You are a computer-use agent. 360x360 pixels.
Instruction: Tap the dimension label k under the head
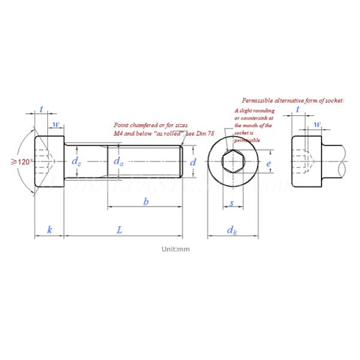click(x=49, y=230)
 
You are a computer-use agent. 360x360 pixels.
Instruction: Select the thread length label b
click(x=146, y=202)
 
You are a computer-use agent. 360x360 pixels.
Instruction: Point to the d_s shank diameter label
click(x=76, y=162)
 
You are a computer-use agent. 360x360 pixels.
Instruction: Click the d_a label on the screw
click(x=119, y=162)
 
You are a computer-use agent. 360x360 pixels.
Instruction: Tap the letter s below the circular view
click(x=232, y=203)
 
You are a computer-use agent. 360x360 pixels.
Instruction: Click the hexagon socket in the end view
click(x=231, y=162)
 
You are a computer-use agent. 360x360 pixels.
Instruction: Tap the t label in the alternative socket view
click(x=298, y=110)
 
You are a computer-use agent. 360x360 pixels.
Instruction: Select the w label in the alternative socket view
click(x=317, y=125)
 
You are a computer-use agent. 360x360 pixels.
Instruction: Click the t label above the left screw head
click(x=41, y=109)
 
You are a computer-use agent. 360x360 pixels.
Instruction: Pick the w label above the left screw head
click(x=56, y=125)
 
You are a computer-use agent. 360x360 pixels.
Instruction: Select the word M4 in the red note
click(x=119, y=133)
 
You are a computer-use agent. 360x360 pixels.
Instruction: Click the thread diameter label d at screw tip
click(x=193, y=162)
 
